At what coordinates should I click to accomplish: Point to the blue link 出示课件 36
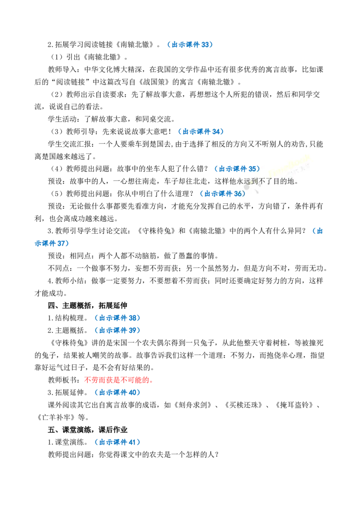pos(223,194)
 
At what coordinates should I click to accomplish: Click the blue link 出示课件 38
pos(118,318)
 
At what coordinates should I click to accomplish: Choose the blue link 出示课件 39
pos(118,330)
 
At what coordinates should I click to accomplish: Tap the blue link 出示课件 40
pos(118,393)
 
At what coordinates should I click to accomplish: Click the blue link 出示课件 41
pos(118,442)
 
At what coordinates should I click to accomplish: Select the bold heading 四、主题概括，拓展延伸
pos(87,305)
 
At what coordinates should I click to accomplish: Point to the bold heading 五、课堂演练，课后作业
pos(87,430)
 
